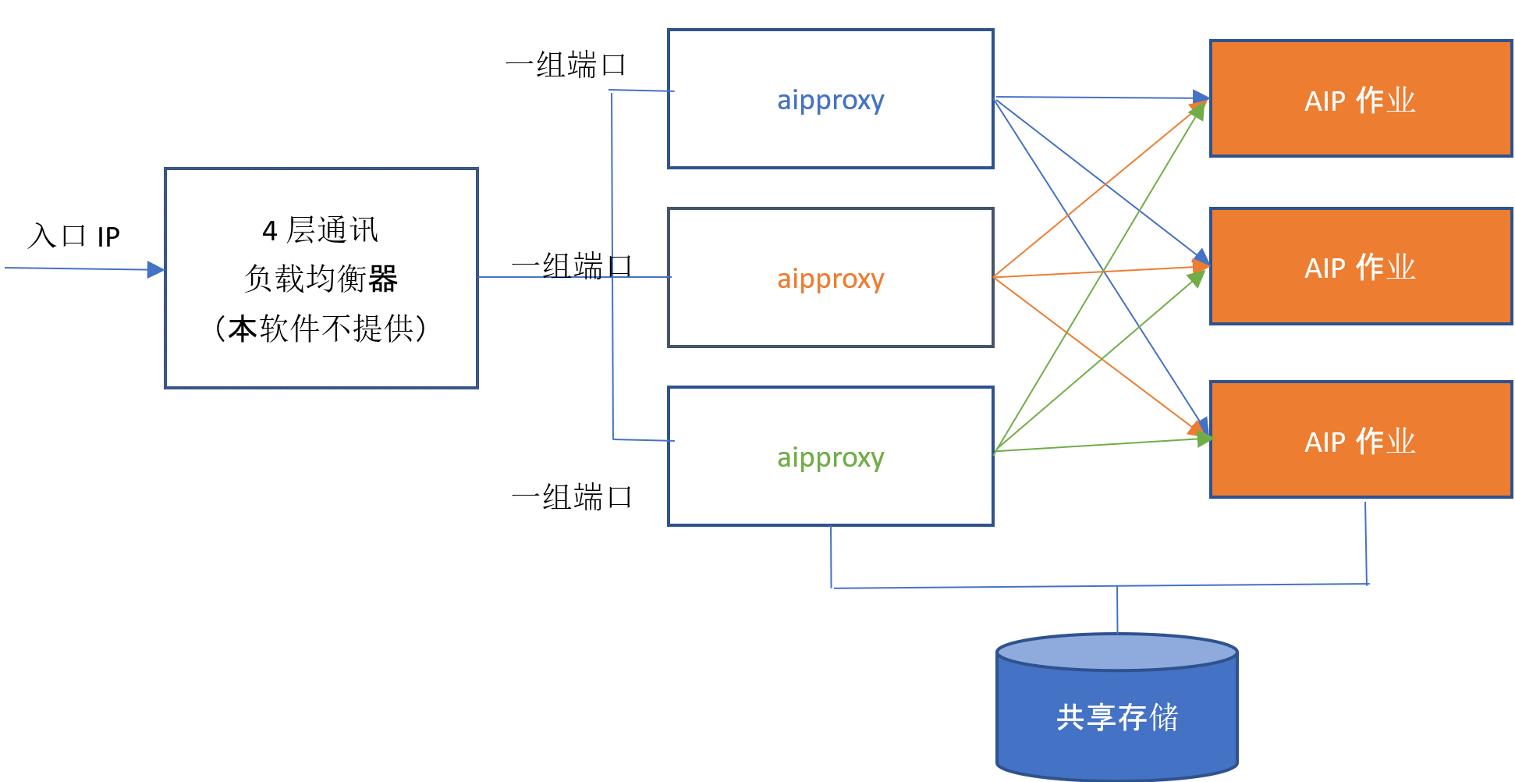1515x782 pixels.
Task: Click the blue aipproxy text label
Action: coord(830,101)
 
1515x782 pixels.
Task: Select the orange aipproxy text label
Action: coord(830,279)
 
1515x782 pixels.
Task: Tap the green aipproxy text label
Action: coord(830,457)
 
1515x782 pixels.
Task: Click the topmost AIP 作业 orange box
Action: coord(1360,100)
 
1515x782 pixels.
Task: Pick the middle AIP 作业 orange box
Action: coord(1360,267)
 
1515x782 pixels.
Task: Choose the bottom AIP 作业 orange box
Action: coord(1360,441)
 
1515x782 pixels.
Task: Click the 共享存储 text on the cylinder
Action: coord(1116,716)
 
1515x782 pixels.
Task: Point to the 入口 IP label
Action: coord(74,236)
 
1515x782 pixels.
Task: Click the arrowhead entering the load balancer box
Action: coord(156,270)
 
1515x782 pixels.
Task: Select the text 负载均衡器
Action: coord(321,279)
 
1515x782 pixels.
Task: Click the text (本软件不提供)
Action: coord(321,329)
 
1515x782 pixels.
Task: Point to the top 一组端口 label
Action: coord(566,65)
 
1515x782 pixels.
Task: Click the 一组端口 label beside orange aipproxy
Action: coord(571,266)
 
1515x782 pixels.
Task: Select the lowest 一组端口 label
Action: coord(571,497)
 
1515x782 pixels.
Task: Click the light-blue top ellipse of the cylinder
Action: coord(1116,652)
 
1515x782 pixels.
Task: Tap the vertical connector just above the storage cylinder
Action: coord(1117,610)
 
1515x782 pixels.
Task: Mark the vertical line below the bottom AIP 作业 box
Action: coord(1366,542)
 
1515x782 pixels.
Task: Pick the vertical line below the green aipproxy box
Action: coord(831,556)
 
